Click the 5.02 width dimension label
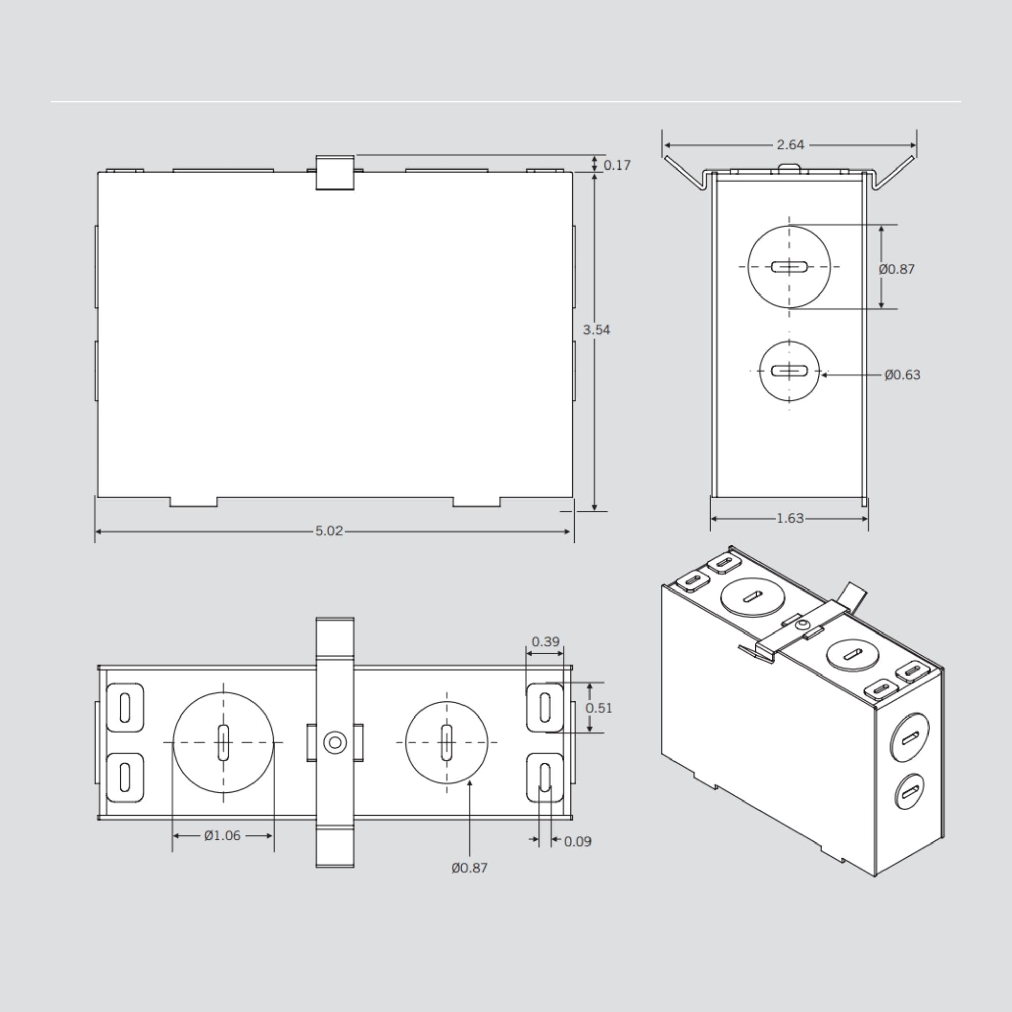point(328,531)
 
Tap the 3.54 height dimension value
point(596,330)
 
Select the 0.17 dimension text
point(616,165)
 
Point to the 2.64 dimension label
point(790,145)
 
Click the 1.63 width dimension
point(789,518)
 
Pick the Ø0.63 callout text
point(902,375)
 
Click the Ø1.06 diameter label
point(223,835)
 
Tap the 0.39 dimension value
point(545,641)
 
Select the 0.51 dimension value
point(598,708)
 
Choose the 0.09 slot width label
point(577,841)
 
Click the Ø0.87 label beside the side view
point(896,269)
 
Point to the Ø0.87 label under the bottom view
point(470,868)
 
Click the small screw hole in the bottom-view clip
point(334,742)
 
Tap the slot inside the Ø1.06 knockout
point(223,742)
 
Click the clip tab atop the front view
point(334,173)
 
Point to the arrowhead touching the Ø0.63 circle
point(824,375)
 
